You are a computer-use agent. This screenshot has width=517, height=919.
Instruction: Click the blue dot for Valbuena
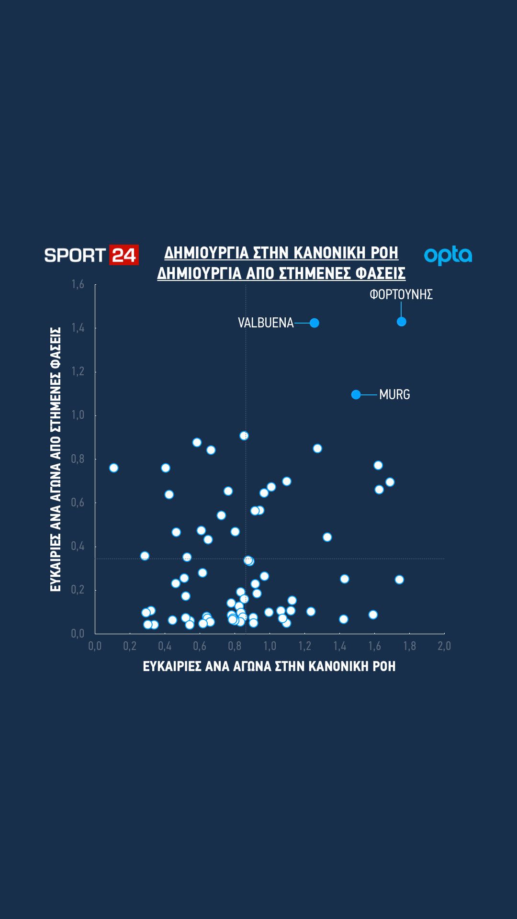click(314, 323)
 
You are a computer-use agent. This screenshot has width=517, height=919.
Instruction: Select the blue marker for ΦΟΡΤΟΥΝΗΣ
click(401, 322)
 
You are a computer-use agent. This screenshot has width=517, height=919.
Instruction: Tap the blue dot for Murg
click(356, 394)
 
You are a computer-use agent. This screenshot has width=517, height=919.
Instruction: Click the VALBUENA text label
click(266, 323)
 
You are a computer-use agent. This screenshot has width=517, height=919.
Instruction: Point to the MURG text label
click(394, 395)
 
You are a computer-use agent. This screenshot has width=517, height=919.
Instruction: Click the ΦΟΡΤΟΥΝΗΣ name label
click(401, 295)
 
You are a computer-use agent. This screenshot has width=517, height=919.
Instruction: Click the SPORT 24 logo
click(91, 255)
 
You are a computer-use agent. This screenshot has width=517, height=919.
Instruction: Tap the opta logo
click(448, 256)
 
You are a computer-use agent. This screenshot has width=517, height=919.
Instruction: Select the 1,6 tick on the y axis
click(78, 285)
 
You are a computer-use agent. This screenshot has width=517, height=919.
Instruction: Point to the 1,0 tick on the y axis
click(78, 415)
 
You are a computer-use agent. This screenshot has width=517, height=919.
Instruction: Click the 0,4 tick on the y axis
click(78, 546)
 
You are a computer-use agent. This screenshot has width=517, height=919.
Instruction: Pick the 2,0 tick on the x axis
click(444, 646)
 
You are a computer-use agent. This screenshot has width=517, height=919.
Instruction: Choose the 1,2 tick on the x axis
click(304, 646)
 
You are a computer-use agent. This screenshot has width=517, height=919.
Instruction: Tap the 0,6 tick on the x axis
click(200, 646)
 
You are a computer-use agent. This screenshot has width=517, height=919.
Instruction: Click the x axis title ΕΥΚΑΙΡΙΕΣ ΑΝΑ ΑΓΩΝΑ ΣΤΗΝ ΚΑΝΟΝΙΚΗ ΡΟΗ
click(270, 667)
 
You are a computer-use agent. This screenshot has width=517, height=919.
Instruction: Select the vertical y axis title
click(56, 459)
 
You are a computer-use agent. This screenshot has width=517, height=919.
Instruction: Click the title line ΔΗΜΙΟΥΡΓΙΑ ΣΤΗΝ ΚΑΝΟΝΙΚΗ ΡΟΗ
click(281, 253)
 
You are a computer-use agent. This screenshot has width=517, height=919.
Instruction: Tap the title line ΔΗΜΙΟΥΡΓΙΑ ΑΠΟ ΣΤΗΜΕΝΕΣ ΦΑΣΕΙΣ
click(281, 274)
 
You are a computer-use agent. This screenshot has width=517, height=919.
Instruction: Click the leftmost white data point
click(113, 468)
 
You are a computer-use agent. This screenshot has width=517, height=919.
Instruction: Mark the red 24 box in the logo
click(124, 255)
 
